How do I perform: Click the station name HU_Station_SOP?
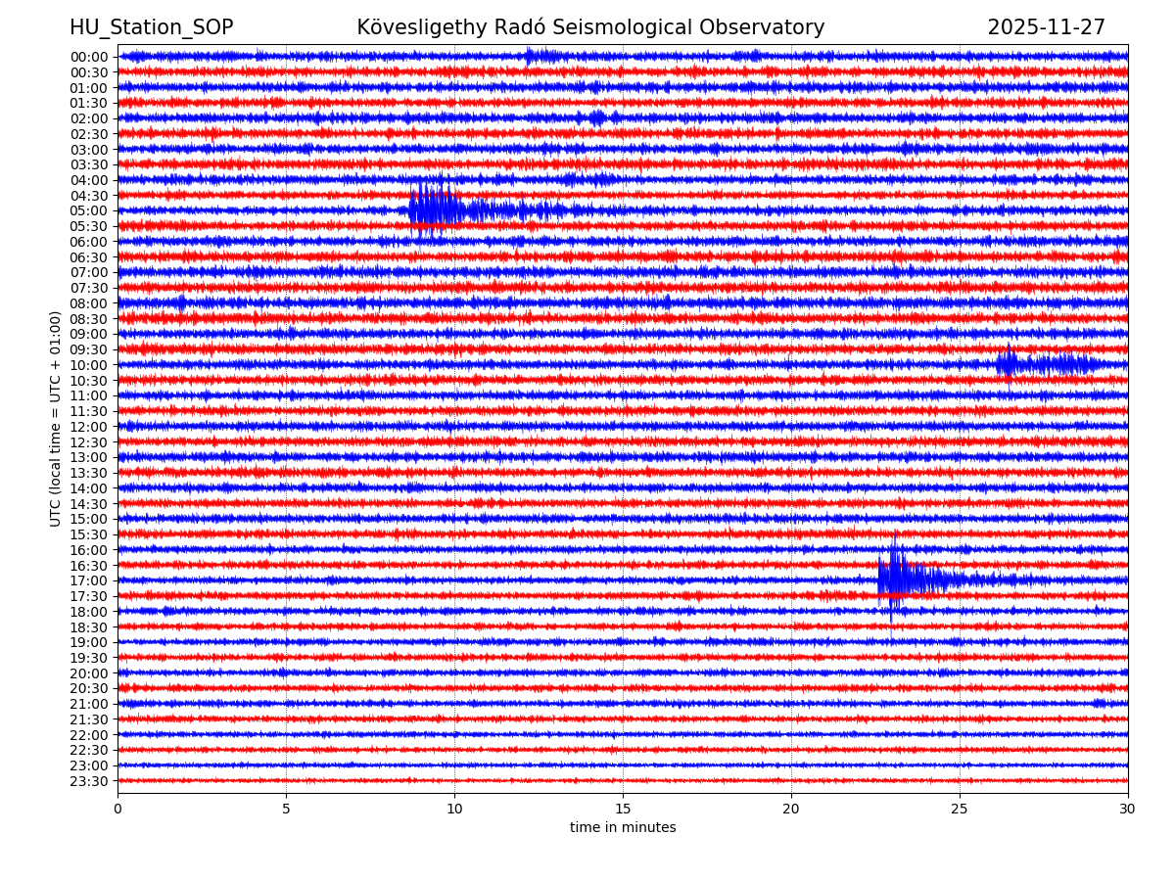[x=151, y=27]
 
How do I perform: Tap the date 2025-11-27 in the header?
[x=1046, y=27]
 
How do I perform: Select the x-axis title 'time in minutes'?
[x=623, y=828]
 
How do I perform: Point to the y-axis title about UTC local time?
[x=56, y=419]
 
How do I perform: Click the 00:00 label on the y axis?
[x=89, y=57]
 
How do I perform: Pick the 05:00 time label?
[x=89, y=210]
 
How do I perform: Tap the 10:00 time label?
[x=89, y=365]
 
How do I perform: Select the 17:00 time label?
[x=89, y=580]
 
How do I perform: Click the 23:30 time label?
[x=89, y=781]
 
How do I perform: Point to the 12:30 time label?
[x=89, y=441]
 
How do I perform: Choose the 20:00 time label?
[x=89, y=673]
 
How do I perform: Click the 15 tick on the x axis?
[x=623, y=809]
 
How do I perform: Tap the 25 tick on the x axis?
[x=960, y=809]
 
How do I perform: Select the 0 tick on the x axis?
[x=117, y=809]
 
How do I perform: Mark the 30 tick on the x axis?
[x=1128, y=809]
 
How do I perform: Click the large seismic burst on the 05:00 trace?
[x=436, y=209]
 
